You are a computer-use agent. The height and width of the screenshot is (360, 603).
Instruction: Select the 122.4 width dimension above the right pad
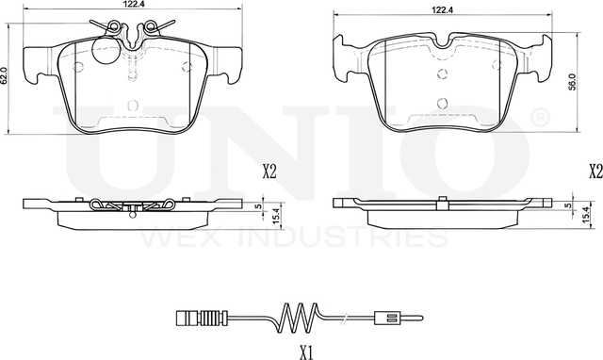(443, 8)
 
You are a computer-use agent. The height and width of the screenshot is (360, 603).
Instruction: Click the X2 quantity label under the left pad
(269, 172)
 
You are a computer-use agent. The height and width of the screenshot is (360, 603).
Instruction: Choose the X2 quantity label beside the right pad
(594, 172)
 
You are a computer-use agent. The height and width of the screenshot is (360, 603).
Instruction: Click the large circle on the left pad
(80, 66)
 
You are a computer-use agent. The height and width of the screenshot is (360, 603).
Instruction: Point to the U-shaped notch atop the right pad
(442, 41)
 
